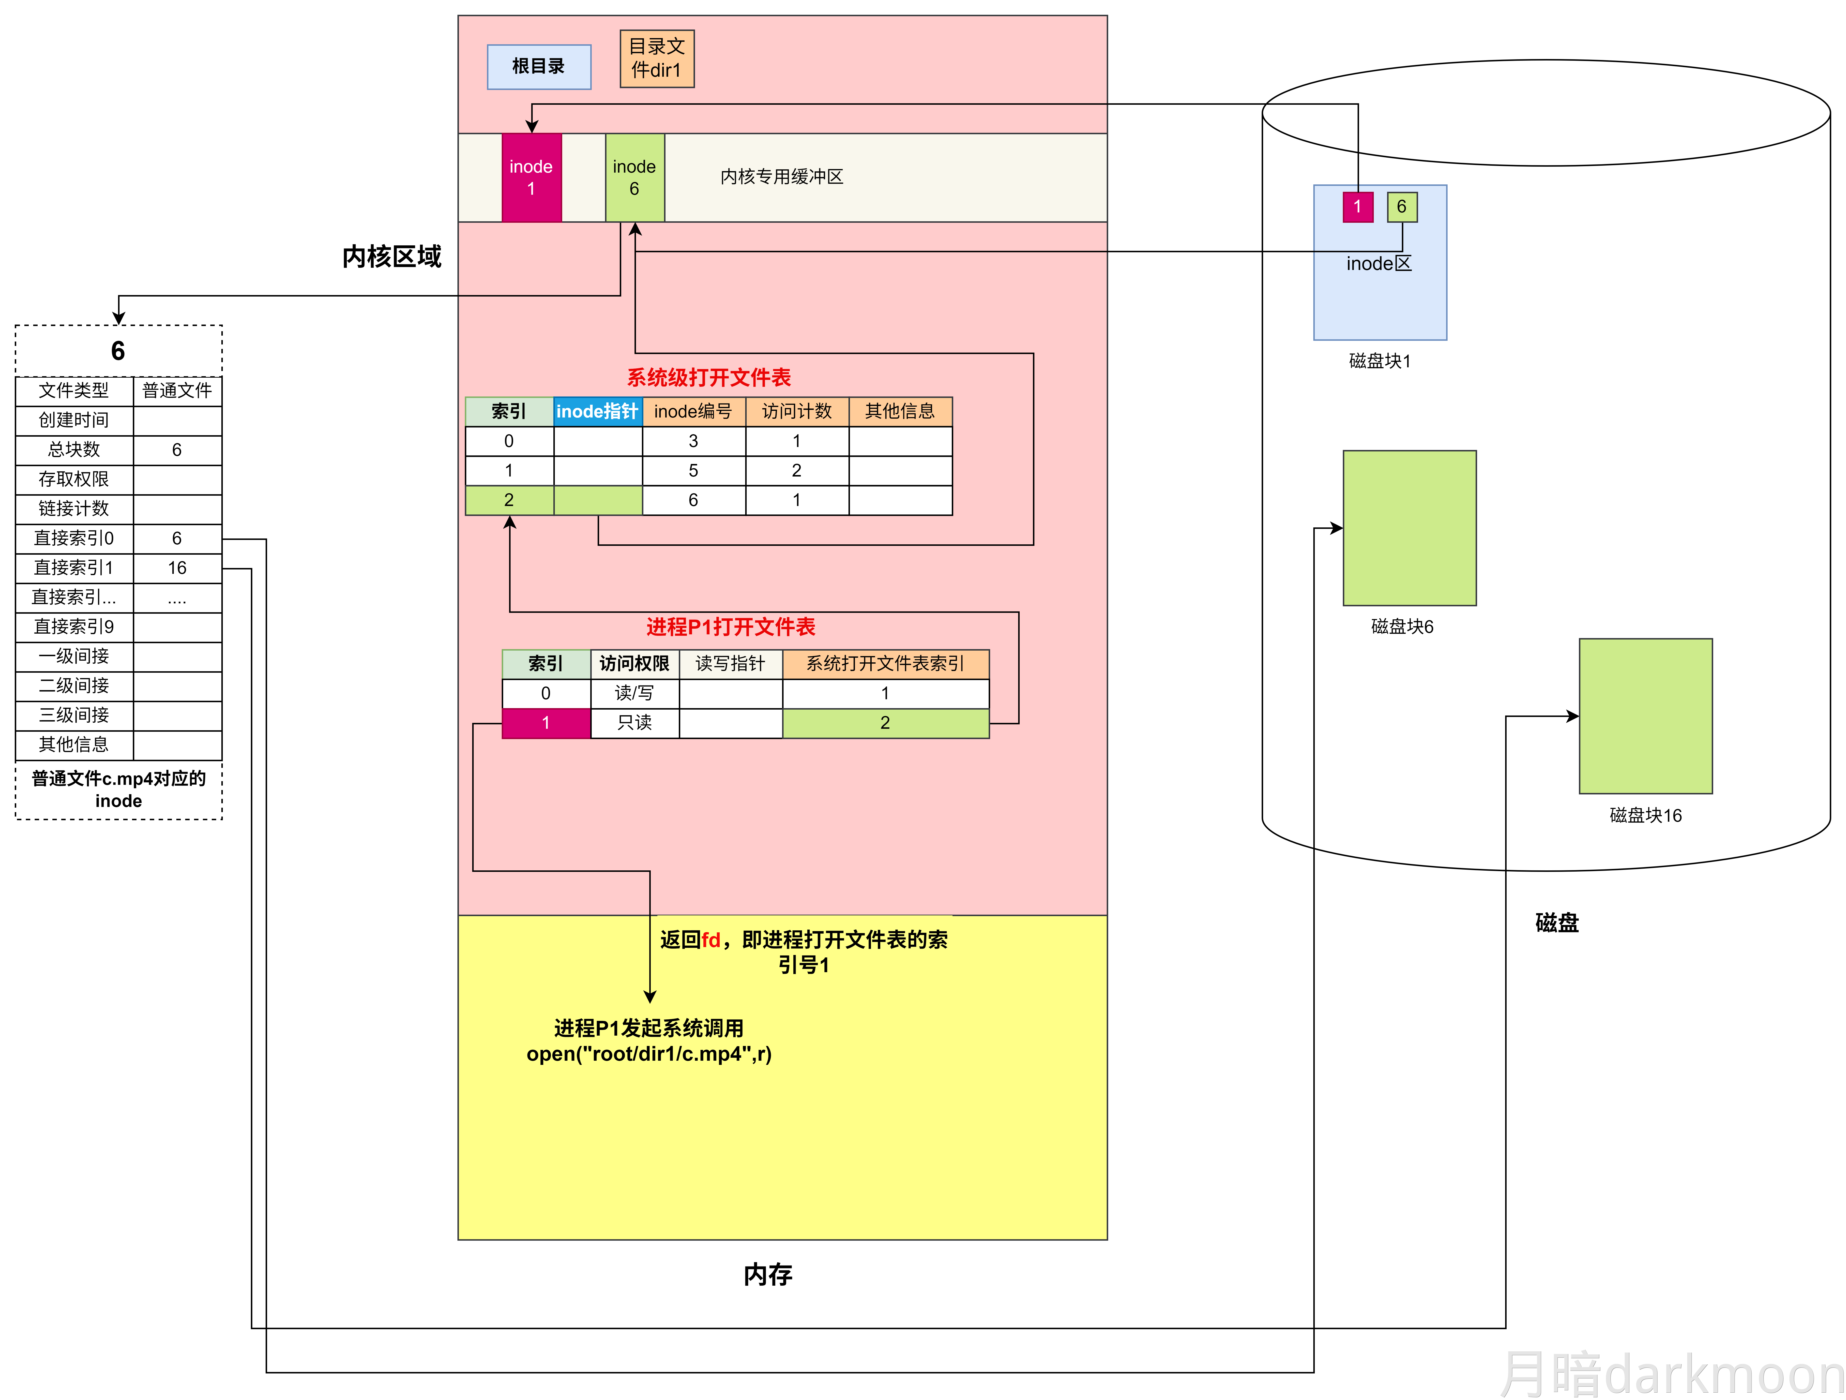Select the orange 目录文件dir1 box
click(657, 59)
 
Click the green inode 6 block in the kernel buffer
click(634, 178)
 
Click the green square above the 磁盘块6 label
click(1409, 527)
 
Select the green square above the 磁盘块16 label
click(1645, 716)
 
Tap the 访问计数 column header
click(796, 411)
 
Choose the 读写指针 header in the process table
click(730, 663)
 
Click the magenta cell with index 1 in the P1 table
click(546, 723)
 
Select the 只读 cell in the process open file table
click(634, 723)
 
